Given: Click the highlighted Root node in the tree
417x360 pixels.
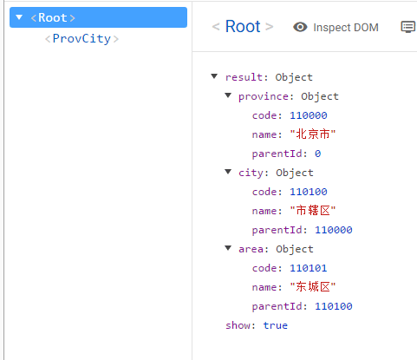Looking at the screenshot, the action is (x=98, y=17).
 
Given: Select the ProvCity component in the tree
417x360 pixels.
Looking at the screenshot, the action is (x=81, y=39).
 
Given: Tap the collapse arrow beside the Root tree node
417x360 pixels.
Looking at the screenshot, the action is (x=19, y=17).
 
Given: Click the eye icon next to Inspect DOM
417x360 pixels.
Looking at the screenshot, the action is (x=300, y=27).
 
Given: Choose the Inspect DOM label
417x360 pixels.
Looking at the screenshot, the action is (x=346, y=28).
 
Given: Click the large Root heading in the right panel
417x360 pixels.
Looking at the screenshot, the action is (x=243, y=26).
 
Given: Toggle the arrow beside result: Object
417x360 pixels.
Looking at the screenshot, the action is (x=214, y=76).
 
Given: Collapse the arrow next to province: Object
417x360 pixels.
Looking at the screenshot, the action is (x=228, y=95).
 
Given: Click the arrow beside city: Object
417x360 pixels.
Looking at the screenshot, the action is (x=228, y=172).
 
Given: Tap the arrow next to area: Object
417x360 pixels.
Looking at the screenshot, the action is (x=228, y=248).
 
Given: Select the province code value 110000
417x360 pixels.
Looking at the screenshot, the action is (x=309, y=115).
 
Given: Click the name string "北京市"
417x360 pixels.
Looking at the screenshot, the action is (x=313, y=134).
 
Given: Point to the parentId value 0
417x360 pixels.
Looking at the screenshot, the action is (x=318, y=154).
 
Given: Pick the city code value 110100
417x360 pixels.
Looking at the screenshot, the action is (x=309, y=192).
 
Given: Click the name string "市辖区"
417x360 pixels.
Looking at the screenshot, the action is (x=313, y=211).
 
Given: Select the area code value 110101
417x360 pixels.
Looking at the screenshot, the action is (x=309, y=268).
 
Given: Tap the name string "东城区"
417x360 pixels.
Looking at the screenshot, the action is (x=313, y=287).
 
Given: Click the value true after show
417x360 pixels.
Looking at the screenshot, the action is (x=276, y=325).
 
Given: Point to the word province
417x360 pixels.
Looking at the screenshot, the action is (x=264, y=96).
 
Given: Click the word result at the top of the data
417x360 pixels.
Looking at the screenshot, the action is (x=244, y=77).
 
